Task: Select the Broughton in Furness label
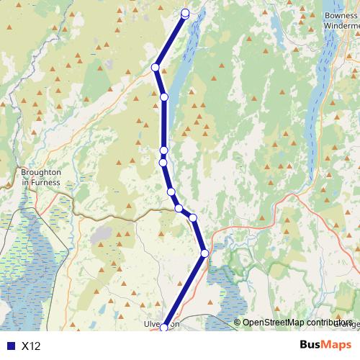click(40, 177)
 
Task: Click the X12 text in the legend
click(31, 346)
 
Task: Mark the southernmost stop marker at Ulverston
click(164, 328)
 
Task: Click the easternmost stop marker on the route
click(205, 253)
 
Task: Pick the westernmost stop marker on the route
click(155, 68)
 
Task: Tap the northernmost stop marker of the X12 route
click(185, 12)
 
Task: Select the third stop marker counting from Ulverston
click(193, 217)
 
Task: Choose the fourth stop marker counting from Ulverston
click(179, 208)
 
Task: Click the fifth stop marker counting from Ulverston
click(171, 192)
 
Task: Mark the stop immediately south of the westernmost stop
click(164, 96)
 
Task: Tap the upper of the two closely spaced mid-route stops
click(163, 150)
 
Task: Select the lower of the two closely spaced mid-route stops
click(163, 162)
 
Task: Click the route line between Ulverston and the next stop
click(185, 289)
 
